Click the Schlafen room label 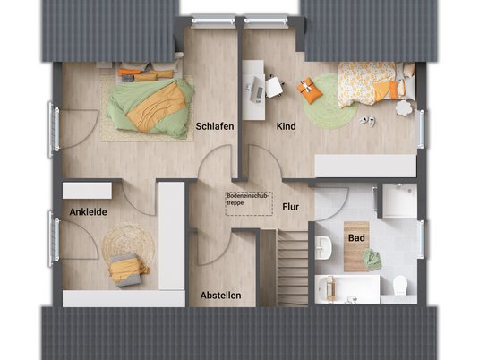pyautogui.click(x=215, y=126)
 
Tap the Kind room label pyautogui.click(x=286, y=126)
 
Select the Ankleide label pyautogui.click(x=88, y=211)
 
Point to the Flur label pyautogui.click(x=290, y=207)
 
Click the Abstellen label pyautogui.click(x=220, y=296)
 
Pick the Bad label pyautogui.click(x=356, y=237)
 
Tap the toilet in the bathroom pyautogui.click(x=400, y=285)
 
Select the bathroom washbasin pyautogui.click(x=323, y=247)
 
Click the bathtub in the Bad pyautogui.click(x=347, y=288)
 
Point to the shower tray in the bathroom pyautogui.click(x=399, y=201)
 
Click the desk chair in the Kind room pyautogui.click(x=274, y=86)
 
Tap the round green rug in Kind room pyautogui.click(x=331, y=101)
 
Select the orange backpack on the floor pyautogui.click(x=310, y=90)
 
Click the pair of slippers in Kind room pyautogui.click(x=367, y=121)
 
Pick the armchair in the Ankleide pyautogui.click(x=128, y=270)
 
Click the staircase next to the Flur pyautogui.click(x=293, y=268)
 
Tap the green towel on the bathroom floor pyautogui.click(x=372, y=260)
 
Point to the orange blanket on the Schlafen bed pyautogui.click(x=157, y=107)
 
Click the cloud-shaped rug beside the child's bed pyautogui.click(x=404, y=108)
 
